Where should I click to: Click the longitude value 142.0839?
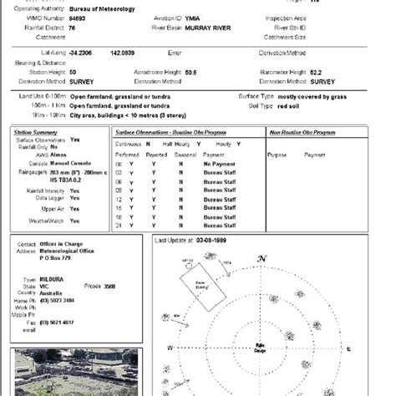click(122, 53)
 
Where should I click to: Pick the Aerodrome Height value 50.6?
click(190, 73)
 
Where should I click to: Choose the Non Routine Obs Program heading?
click(302, 132)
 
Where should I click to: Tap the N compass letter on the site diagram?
click(262, 259)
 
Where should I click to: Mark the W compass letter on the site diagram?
click(170, 347)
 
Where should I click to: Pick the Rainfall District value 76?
click(73, 27)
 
